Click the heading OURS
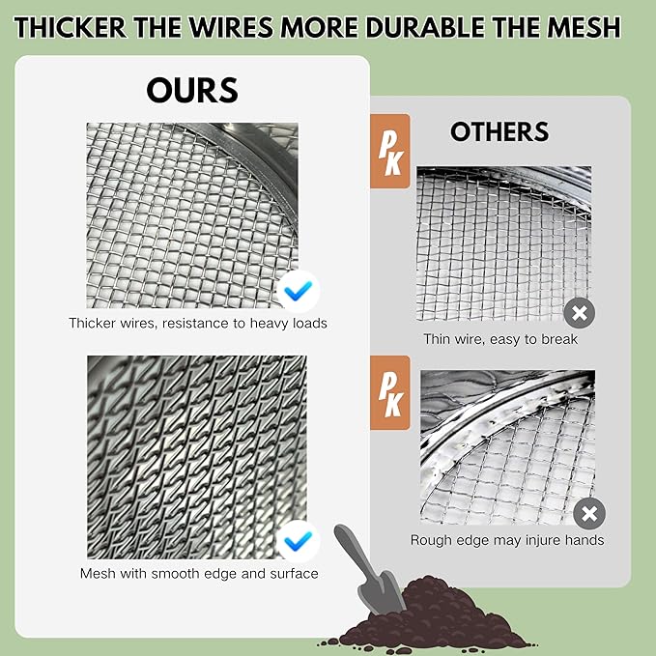[x=192, y=90]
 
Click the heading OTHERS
[x=499, y=131]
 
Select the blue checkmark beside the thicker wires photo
[x=298, y=289]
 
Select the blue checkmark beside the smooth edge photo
[x=298, y=540]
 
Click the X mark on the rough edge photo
[x=589, y=513]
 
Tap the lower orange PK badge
[x=391, y=386]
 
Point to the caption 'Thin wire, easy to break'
[x=500, y=339]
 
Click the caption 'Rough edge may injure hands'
[x=506, y=540]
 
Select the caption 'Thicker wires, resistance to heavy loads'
[x=197, y=323]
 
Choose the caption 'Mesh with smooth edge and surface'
[x=198, y=573]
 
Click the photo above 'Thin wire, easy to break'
[x=502, y=242]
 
